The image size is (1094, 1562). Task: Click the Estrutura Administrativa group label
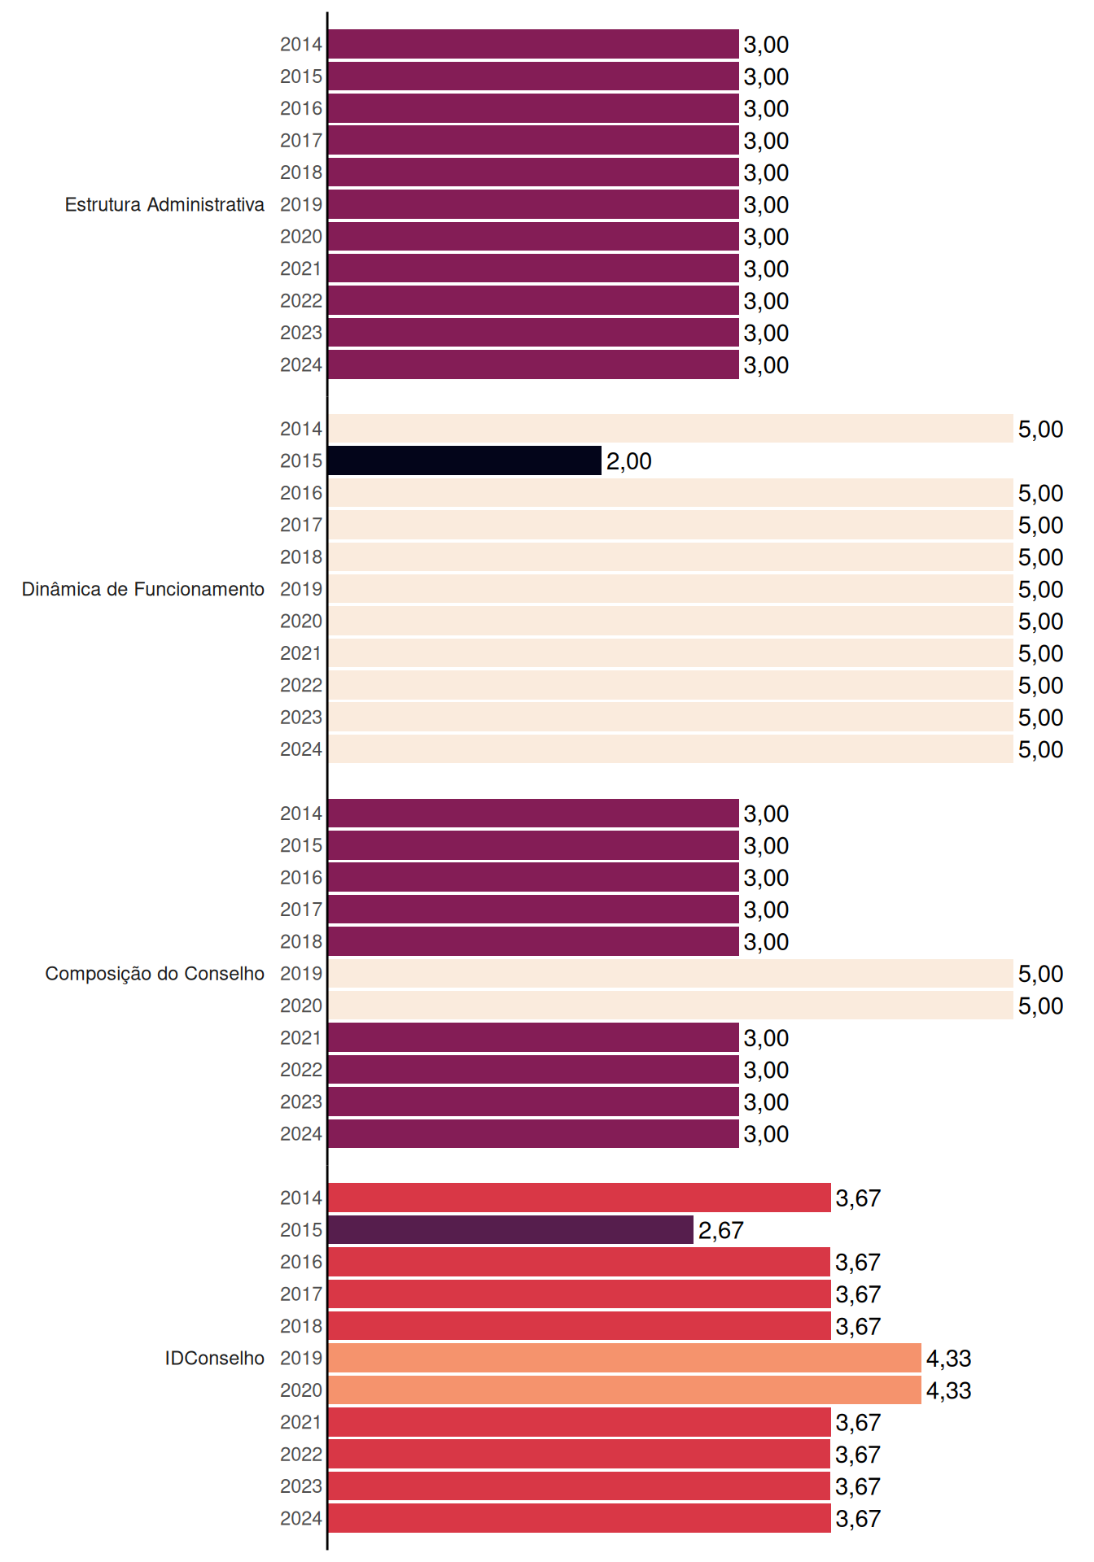coord(164,204)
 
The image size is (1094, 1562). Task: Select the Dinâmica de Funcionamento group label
coord(143,589)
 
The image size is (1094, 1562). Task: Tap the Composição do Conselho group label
coord(155,974)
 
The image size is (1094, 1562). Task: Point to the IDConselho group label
coord(215,1358)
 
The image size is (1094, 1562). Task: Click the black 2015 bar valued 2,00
coord(465,460)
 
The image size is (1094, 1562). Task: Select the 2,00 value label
coord(628,461)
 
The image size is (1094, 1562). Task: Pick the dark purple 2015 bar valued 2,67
coord(511,1229)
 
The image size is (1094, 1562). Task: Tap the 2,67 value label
coord(720,1230)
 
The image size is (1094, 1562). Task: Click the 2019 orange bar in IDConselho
coord(625,1358)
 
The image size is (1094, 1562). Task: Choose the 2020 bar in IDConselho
coord(625,1390)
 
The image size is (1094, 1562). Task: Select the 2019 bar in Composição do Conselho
coord(671,973)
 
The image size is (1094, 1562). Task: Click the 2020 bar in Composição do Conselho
coord(671,1006)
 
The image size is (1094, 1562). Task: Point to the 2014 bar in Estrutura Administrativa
coord(534,44)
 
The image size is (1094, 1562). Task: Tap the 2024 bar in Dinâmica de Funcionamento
coord(671,748)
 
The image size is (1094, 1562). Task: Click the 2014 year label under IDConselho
coord(301,1198)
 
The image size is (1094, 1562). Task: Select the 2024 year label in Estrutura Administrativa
coord(301,364)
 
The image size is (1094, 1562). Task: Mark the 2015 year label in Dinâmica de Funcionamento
coord(301,460)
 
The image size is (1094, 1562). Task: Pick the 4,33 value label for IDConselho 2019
coord(948,1359)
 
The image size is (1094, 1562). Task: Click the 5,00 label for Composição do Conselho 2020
coord(1040,1006)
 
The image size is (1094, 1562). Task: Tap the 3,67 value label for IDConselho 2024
coord(858,1519)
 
